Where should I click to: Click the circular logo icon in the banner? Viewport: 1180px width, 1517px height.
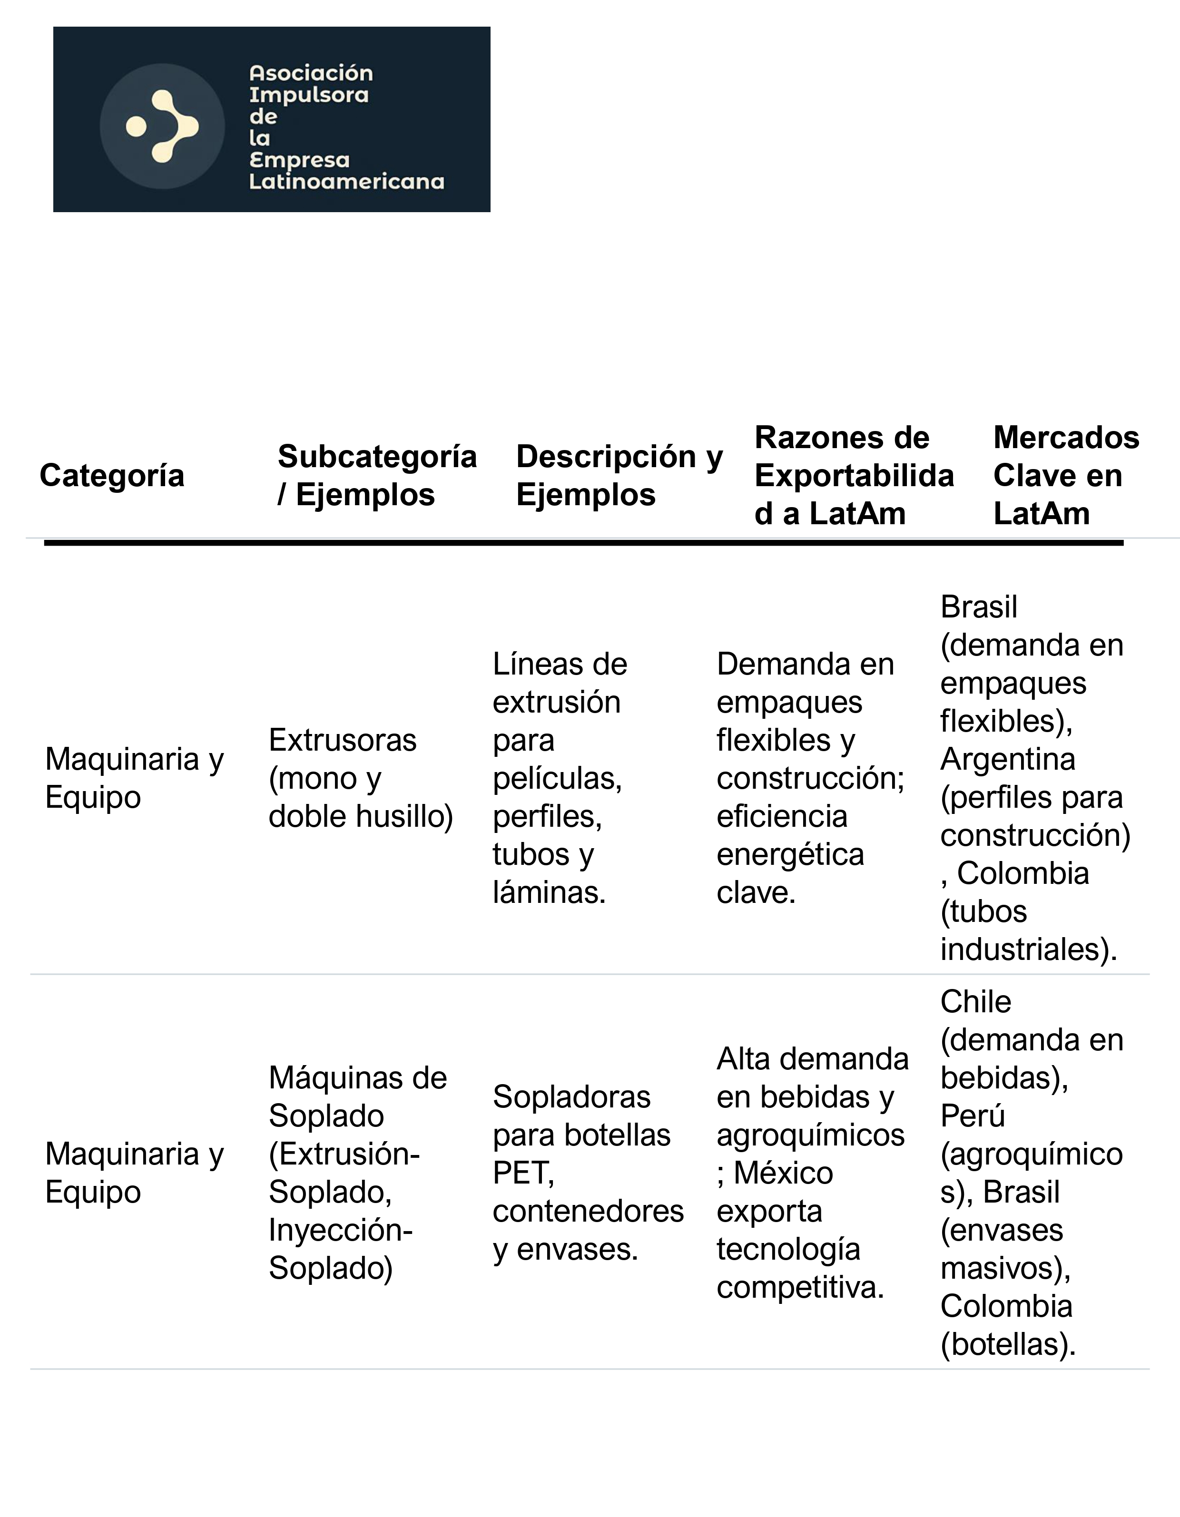pos(162,127)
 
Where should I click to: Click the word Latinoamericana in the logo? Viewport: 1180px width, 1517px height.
pos(346,182)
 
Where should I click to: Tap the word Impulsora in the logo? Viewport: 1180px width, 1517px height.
pos(308,95)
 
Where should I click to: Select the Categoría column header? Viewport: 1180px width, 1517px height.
pos(112,476)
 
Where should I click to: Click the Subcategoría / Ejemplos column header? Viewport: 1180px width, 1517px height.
pos(377,476)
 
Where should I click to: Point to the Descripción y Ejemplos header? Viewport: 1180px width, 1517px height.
pos(619,476)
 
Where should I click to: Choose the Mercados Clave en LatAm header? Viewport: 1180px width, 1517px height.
pos(1065,476)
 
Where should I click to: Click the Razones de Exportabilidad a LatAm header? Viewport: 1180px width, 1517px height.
pos(854,476)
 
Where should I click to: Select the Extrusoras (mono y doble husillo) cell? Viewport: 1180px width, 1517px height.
pos(360,778)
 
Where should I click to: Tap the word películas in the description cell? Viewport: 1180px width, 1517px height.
pos(557,779)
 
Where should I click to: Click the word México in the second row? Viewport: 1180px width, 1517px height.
pos(783,1173)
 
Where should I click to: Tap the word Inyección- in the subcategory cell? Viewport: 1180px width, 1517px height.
pos(341,1230)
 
